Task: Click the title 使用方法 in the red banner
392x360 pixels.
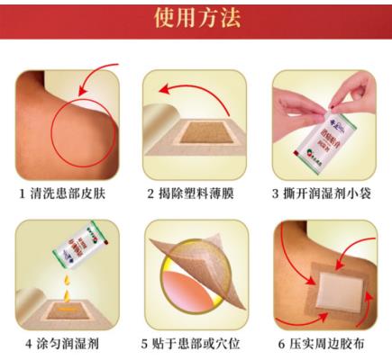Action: (x=196, y=20)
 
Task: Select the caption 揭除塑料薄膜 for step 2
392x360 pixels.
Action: (x=202, y=193)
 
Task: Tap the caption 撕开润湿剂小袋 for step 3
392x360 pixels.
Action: (x=330, y=193)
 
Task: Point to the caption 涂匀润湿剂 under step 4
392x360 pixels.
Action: (x=73, y=343)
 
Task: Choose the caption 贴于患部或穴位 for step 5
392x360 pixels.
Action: (x=202, y=343)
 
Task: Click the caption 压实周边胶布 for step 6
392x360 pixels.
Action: (x=330, y=343)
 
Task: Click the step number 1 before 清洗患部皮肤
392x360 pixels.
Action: (x=22, y=193)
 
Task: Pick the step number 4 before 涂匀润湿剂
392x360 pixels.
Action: (x=29, y=343)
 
